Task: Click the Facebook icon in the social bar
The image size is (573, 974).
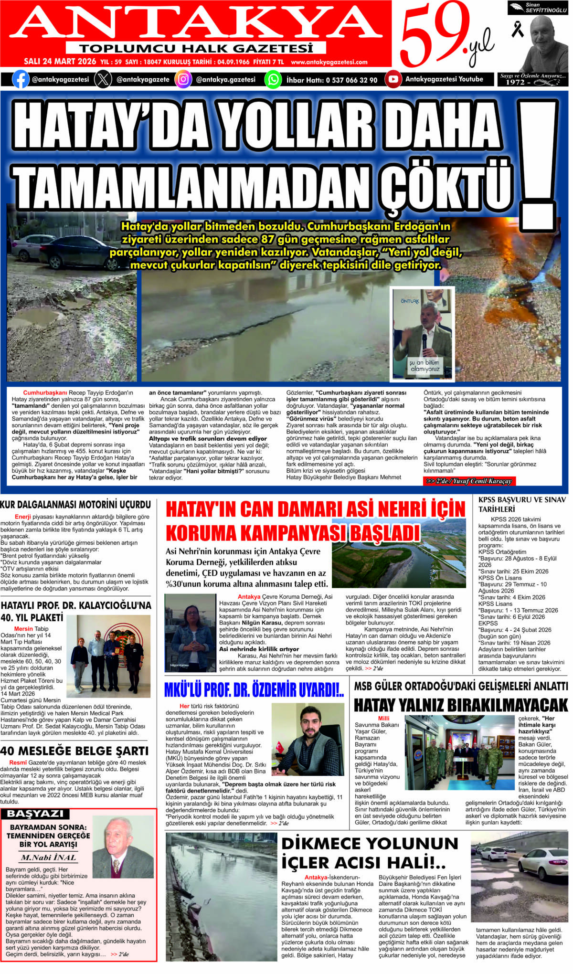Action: click(20, 79)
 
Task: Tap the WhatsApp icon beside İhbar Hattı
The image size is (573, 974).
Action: click(273, 79)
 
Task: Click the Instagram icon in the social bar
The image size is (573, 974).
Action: click(183, 79)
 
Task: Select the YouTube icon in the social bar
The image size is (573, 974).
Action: click(393, 79)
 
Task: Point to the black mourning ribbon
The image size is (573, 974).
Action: click(517, 30)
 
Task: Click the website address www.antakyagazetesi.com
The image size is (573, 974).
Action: click(329, 62)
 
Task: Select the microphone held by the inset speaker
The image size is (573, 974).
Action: click(424, 341)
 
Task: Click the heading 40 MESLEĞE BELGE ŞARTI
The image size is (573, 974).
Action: click(74, 751)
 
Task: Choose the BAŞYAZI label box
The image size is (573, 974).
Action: click(35, 814)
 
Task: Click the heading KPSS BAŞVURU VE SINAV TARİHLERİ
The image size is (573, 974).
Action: click(522, 504)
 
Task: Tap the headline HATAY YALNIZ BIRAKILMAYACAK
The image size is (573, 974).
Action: click(461, 705)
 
